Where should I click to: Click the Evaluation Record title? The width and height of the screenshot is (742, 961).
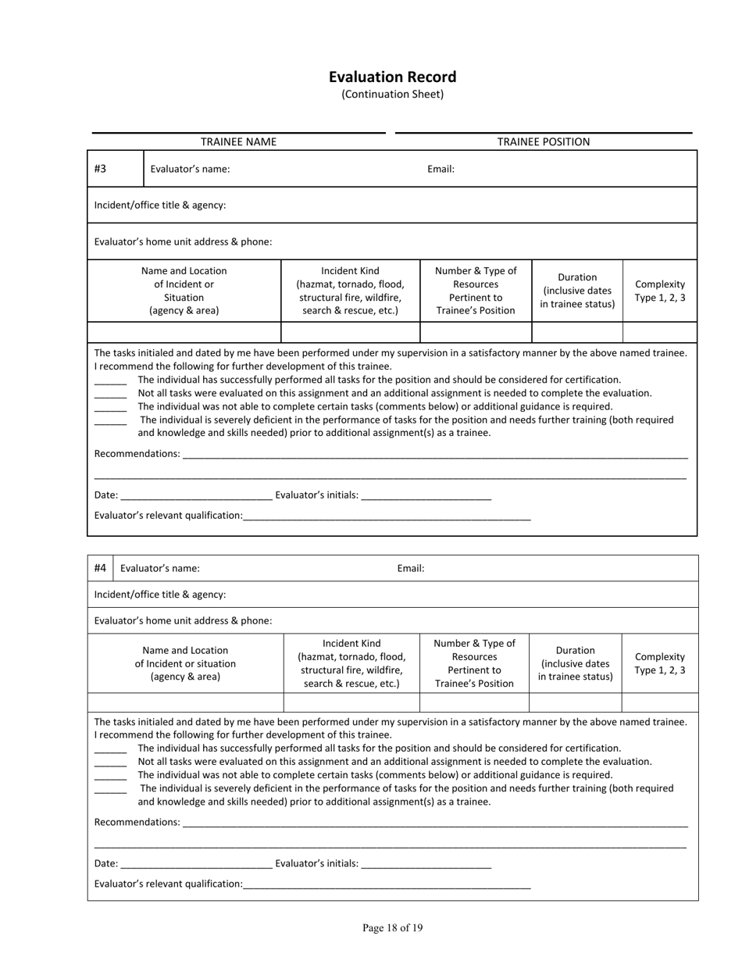[x=392, y=77]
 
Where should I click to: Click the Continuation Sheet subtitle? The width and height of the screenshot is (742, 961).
[x=392, y=95]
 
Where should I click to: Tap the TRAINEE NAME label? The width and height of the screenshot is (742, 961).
[x=238, y=141]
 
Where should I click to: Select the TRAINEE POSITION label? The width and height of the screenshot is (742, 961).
[x=544, y=141]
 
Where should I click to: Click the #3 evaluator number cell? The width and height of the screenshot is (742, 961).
[x=101, y=169]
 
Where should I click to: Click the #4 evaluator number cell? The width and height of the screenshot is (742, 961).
[x=100, y=568]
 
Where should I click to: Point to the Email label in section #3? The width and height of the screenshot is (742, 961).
[x=441, y=169]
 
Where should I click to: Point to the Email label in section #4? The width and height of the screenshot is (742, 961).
[x=411, y=568]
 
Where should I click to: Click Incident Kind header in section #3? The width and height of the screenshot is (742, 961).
[x=351, y=291]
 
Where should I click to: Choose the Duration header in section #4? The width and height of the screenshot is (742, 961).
[x=576, y=663]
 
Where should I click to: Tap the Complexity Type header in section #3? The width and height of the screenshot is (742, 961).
[x=660, y=291]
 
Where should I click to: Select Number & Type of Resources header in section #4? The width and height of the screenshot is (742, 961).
[x=474, y=663]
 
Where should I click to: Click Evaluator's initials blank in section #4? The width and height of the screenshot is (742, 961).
[x=426, y=863]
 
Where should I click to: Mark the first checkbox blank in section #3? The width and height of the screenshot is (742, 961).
[x=110, y=380]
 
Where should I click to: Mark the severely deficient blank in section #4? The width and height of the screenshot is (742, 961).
[x=110, y=790]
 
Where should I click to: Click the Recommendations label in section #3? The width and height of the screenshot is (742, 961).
[x=137, y=454]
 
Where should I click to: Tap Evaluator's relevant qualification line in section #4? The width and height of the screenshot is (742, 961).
[x=387, y=884]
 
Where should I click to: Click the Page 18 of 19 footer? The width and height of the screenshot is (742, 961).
[x=392, y=928]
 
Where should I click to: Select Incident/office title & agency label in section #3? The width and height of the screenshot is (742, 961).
[x=160, y=205]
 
